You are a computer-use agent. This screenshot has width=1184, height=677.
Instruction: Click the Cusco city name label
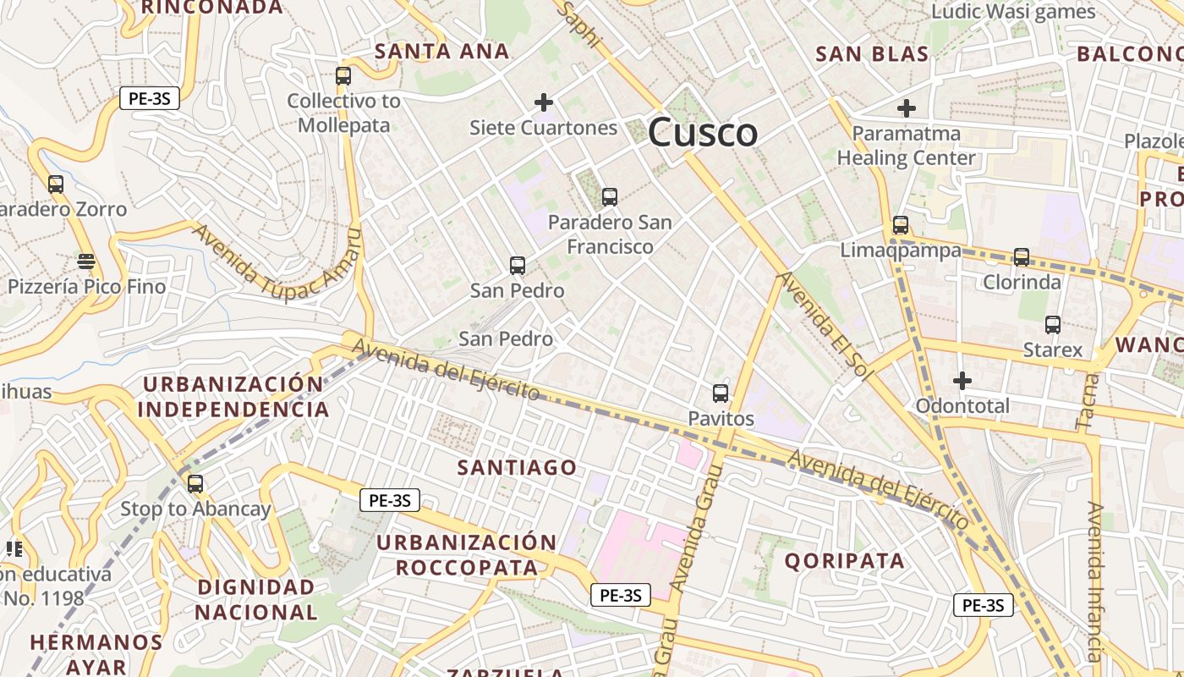pyautogui.click(x=702, y=133)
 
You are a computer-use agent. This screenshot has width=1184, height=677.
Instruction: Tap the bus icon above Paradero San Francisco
pyautogui.click(x=609, y=197)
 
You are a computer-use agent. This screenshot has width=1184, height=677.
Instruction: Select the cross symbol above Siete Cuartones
pyautogui.click(x=544, y=103)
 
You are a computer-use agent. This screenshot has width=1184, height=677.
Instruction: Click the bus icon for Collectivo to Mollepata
pyautogui.click(x=343, y=76)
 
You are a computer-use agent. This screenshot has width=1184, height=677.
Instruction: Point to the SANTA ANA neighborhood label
pyautogui.click(x=441, y=52)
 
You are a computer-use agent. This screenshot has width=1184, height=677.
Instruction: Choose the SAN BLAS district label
pyautogui.click(x=872, y=54)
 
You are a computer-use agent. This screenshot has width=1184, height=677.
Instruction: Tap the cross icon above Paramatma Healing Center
pyautogui.click(x=907, y=108)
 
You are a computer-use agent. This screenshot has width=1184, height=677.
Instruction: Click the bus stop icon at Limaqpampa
pyautogui.click(x=901, y=225)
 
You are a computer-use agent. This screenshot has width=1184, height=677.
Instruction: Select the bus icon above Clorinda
pyautogui.click(x=1022, y=257)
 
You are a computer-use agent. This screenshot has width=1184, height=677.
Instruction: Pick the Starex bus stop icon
pyautogui.click(x=1053, y=325)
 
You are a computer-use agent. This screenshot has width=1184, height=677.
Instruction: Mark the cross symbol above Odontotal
pyautogui.click(x=962, y=381)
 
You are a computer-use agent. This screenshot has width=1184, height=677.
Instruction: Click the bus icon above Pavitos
pyautogui.click(x=721, y=394)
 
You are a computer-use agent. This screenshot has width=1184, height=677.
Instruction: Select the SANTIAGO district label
pyautogui.click(x=517, y=467)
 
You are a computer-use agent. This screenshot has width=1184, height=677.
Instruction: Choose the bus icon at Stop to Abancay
pyautogui.click(x=195, y=484)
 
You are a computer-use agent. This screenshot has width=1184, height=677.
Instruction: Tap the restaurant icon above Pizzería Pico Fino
pyautogui.click(x=85, y=261)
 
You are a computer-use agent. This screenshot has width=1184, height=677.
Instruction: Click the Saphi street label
pyautogui.click(x=580, y=25)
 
